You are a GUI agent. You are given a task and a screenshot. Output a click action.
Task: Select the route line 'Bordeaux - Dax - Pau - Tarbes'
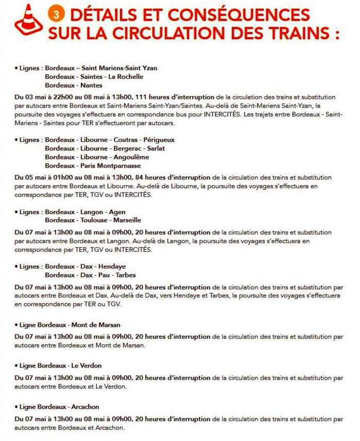click(x=83, y=275)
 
